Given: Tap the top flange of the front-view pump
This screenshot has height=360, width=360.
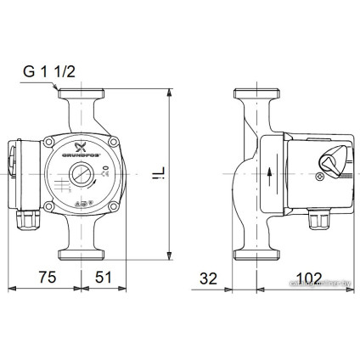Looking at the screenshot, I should pyautogui.click(x=81, y=93).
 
